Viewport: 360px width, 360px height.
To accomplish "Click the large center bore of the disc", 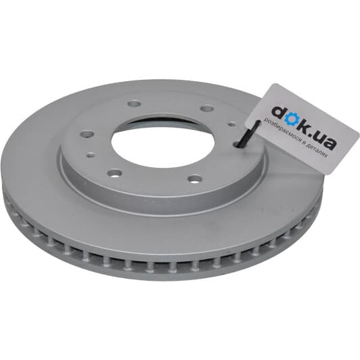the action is (x=163, y=141).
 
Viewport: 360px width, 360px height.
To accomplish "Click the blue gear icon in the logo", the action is (x=290, y=118).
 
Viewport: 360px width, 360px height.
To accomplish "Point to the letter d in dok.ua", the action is (x=277, y=111).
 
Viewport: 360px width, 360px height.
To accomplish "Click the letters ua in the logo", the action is (x=325, y=139).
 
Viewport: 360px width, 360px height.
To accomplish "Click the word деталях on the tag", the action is (x=318, y=151).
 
